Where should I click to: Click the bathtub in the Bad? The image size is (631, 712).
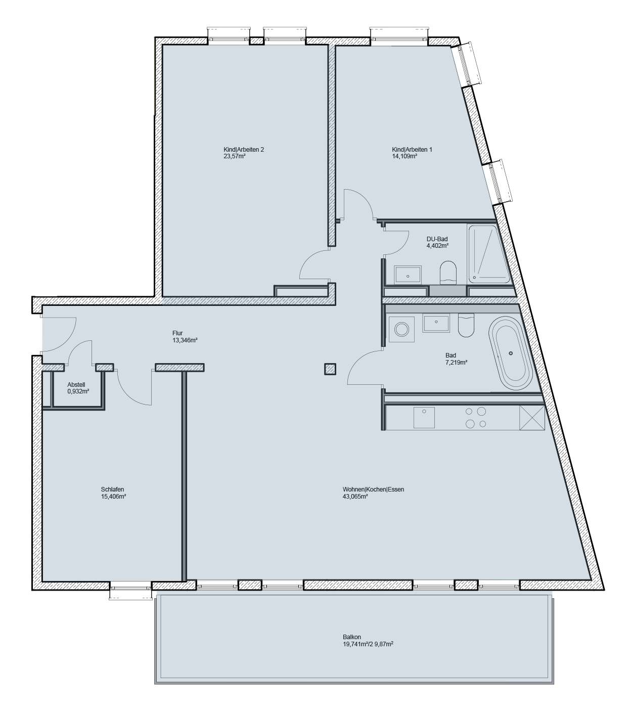[510, 353]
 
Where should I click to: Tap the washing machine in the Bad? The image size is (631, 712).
[402, 330]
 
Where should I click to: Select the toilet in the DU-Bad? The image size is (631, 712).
[448, 271]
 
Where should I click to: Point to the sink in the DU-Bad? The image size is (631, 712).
[408, 275]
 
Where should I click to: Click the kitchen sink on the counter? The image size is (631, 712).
[423, 418]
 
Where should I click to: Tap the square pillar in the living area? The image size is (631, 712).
[330, 369]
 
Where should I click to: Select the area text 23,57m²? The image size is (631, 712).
[235, 156]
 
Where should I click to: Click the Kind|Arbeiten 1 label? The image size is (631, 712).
[412, 150]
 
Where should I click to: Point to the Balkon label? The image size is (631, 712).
[351, 638]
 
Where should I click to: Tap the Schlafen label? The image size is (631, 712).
[112, 490]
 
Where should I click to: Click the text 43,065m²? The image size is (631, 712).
[355, 497]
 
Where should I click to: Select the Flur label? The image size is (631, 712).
[177, 333]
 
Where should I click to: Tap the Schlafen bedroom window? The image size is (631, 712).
[131, 588]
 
